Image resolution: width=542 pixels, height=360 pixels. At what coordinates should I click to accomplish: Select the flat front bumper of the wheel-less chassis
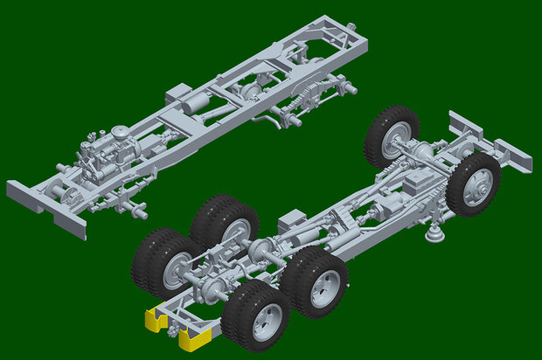[47, 205]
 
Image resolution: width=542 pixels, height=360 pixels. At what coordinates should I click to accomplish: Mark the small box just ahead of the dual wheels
[290, 221]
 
